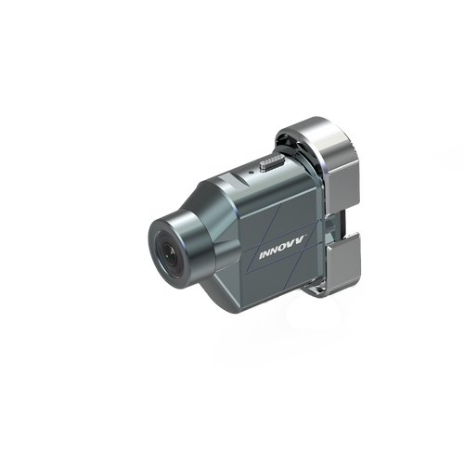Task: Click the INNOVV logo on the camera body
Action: pyautogui.click(x=282, y=247)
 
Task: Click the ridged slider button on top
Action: pyautogui.click(x=272, y=161)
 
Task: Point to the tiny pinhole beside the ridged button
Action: pyautogui.click(x=251, y=172)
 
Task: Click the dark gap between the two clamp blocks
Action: pyautogui.click(x=341, y=224)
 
